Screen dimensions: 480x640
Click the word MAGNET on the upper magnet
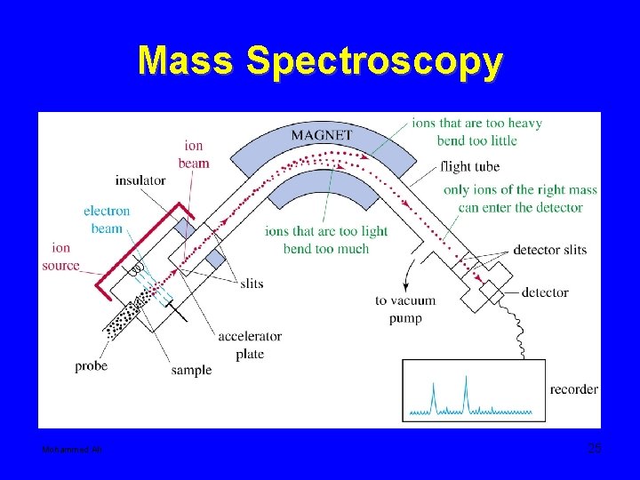(x=322, y=136)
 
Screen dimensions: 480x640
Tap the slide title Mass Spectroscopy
(x=320, y=60)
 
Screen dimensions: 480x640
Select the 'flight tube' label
(x=469, y=166)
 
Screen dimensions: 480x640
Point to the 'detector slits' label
(x=549, y=250)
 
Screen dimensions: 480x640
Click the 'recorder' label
(x=573, y=389)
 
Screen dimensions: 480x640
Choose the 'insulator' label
(x=140, y=180)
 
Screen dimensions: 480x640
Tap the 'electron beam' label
(x=107, y=220)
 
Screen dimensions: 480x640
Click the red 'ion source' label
(x=60, y=256)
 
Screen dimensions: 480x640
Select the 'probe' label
(x=92, y=365)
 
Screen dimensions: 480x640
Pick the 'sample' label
(x=192, y=370)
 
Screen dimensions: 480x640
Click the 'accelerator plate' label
(x=250, y=344)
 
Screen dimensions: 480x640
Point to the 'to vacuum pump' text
(x=404, y=308)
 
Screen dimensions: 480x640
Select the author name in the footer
(x=73, y=451)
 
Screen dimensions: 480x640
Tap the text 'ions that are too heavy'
(x=476, y=123)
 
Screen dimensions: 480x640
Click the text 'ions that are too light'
(x=326, y=231)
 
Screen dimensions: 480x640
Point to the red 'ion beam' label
(x=194, y=154)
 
